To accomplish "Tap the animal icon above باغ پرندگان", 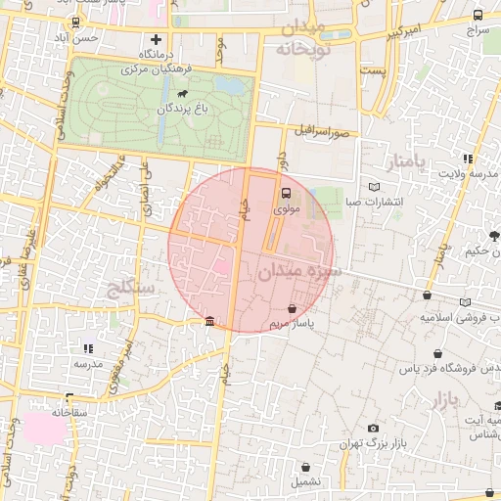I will (183, 93).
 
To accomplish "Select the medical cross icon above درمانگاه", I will (155, 39).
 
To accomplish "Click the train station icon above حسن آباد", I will (76, 23).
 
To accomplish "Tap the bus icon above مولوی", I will (286, 193).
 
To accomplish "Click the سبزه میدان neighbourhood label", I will (299, 272).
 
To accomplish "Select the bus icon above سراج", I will (478, 16).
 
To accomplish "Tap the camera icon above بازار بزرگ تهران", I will (373, 429).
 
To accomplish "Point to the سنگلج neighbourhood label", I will (126, 289).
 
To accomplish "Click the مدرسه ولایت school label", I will (469, 173).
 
